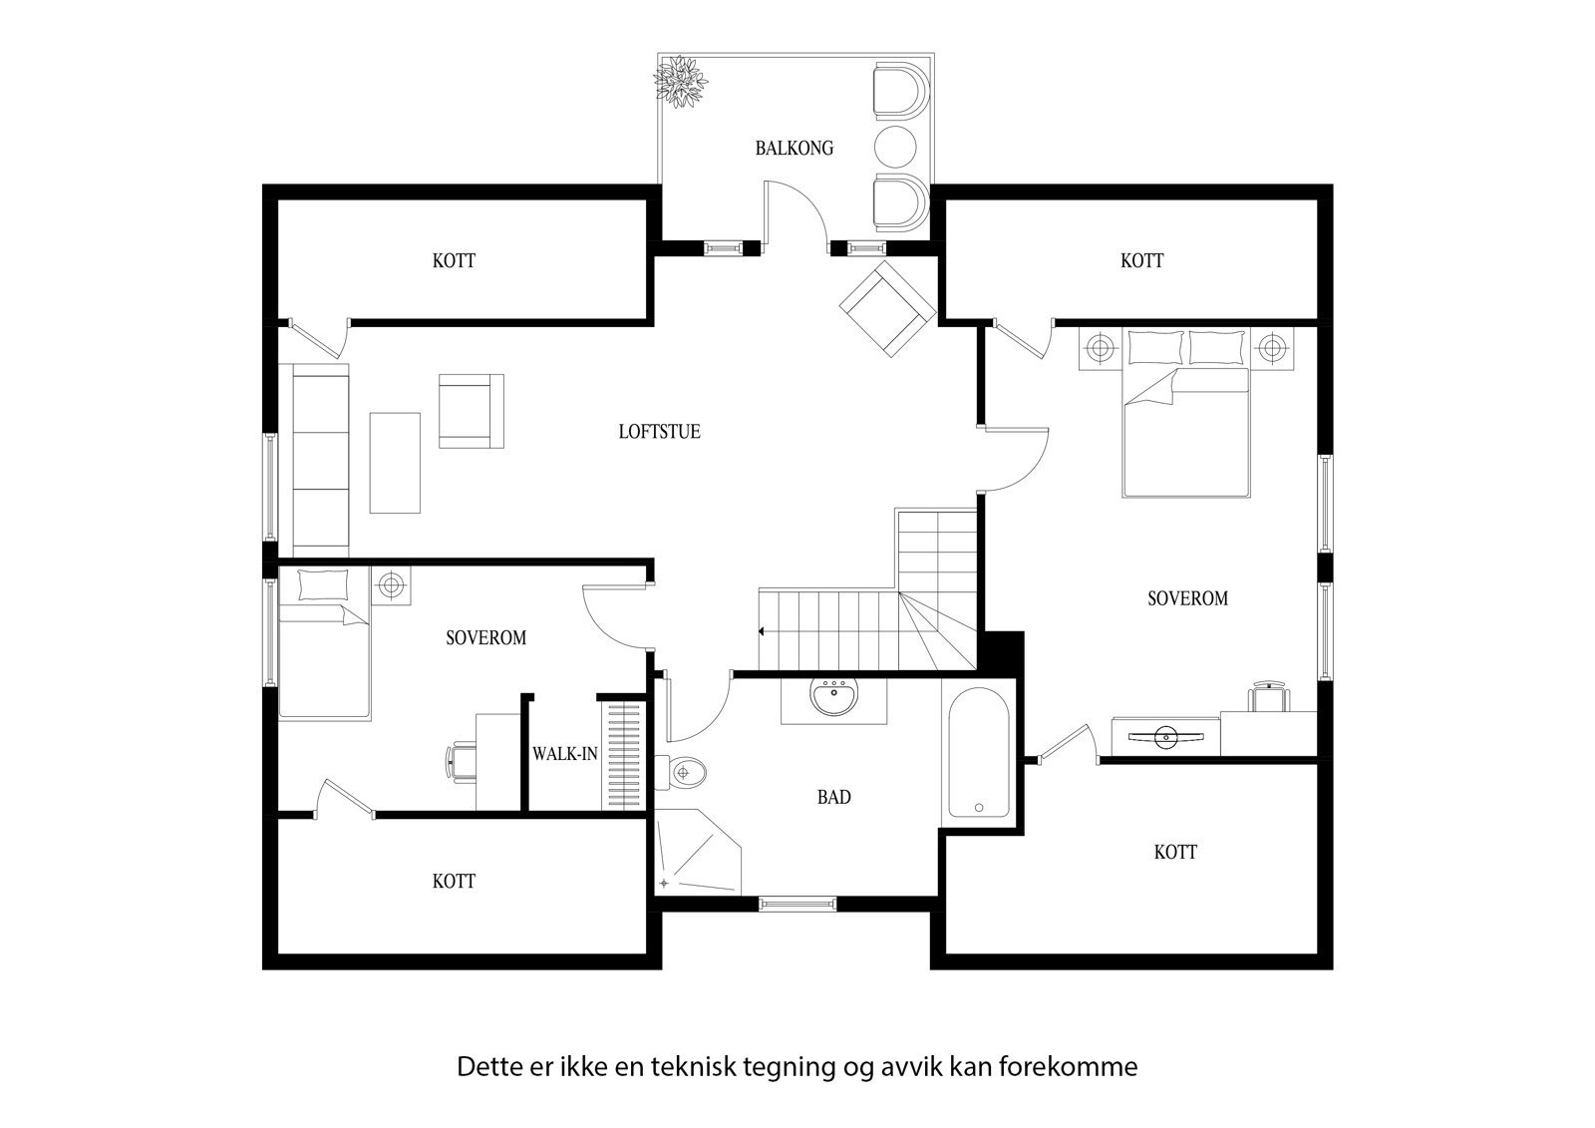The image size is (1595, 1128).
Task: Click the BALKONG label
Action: pos(794,149)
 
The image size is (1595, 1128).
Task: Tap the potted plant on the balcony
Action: pos(681,80)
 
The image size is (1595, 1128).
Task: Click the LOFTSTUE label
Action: pos(659,432)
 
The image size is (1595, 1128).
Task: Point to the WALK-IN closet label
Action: pos(564,754)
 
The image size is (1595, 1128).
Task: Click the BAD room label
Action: pos(833,797)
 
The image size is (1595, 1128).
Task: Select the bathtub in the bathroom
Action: pos(978,752)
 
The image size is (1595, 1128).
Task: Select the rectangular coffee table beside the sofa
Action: pos(396,463)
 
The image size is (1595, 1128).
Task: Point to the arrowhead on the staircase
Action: pos(762,631)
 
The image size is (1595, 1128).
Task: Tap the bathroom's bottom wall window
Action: pos(797,904)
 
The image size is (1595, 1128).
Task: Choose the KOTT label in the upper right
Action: pos(1141,260)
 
